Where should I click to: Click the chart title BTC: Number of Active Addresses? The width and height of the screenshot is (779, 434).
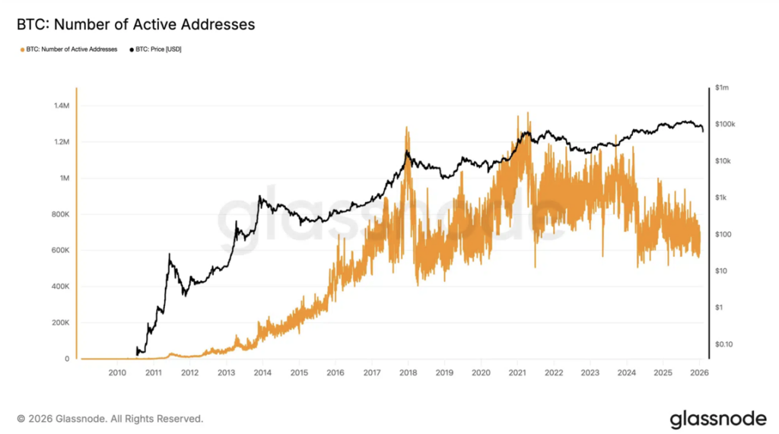pos(135,25)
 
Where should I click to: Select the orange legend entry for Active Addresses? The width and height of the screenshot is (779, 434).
pos(70,49)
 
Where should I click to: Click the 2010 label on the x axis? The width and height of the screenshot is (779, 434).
pos(117,373)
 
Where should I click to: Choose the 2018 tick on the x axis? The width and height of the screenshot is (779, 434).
pos(408,373)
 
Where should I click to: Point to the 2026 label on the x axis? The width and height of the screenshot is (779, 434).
pos(698,373)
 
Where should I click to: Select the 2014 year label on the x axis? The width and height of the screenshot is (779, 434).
pos(262,373)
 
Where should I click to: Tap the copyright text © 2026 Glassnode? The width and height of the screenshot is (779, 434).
pos(110,419)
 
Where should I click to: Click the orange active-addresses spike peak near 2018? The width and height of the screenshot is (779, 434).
pos(407,128)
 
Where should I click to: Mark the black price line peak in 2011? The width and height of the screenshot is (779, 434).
pos(170,255)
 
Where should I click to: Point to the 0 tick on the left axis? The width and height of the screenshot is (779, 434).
pos(68,359)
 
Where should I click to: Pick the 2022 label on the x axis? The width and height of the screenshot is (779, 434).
pos(553,373)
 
